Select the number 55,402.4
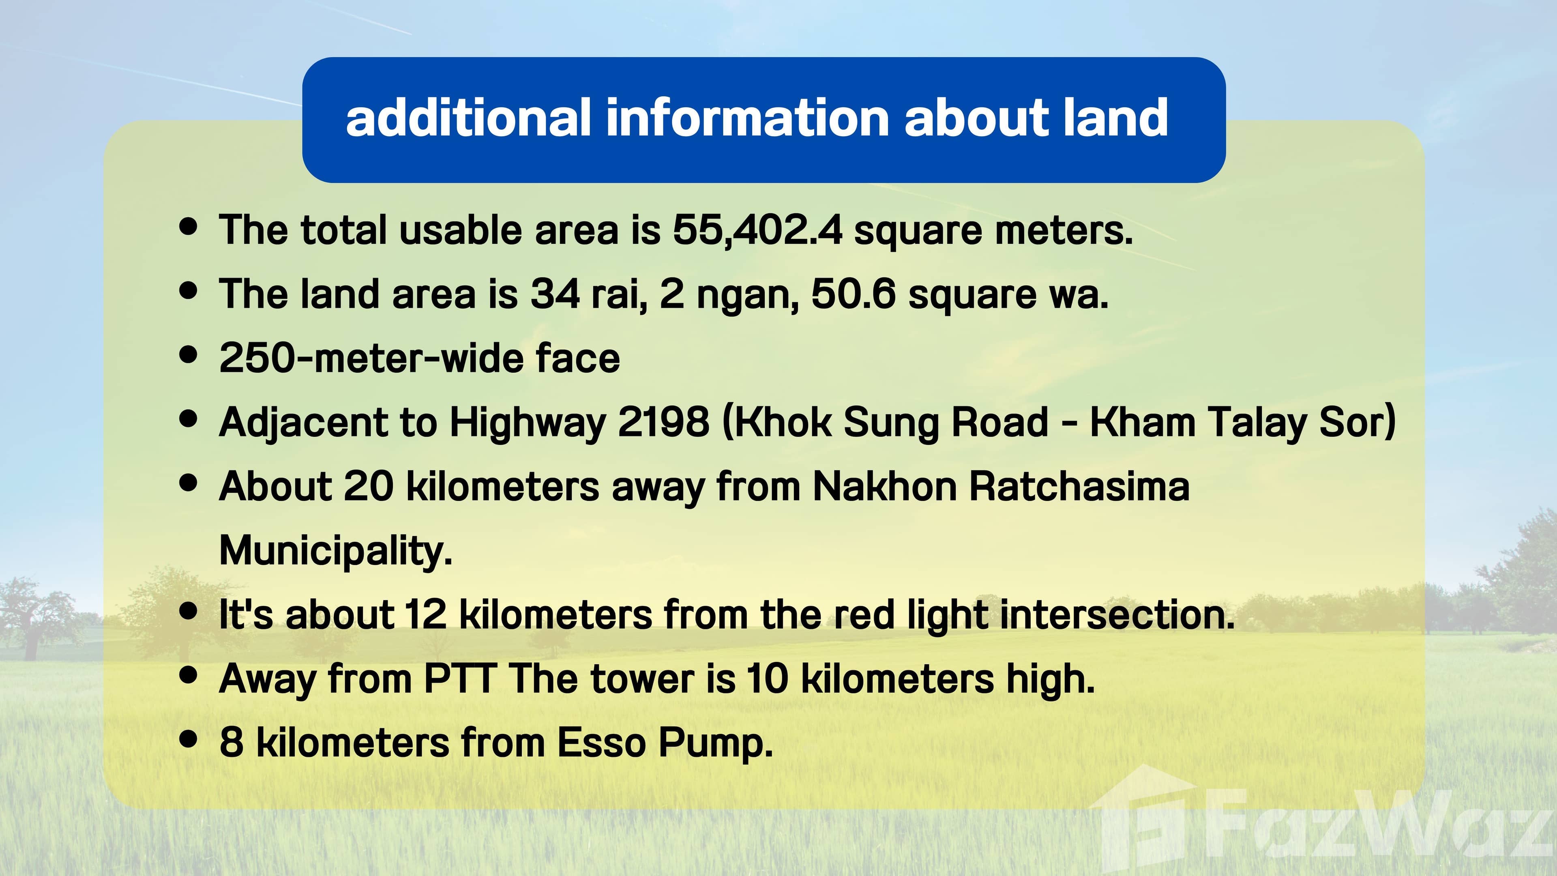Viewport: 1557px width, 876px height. click(x=757, y=230)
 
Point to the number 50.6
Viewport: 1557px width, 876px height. click(x=853, y=294)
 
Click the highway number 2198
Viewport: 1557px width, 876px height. click(x=663, y=422)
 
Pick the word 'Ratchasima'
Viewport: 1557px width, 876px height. click(x=1079, y=486)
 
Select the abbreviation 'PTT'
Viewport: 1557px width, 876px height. click(x=461, y=678)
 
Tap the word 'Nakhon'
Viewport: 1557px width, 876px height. click(x=884, y=486)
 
